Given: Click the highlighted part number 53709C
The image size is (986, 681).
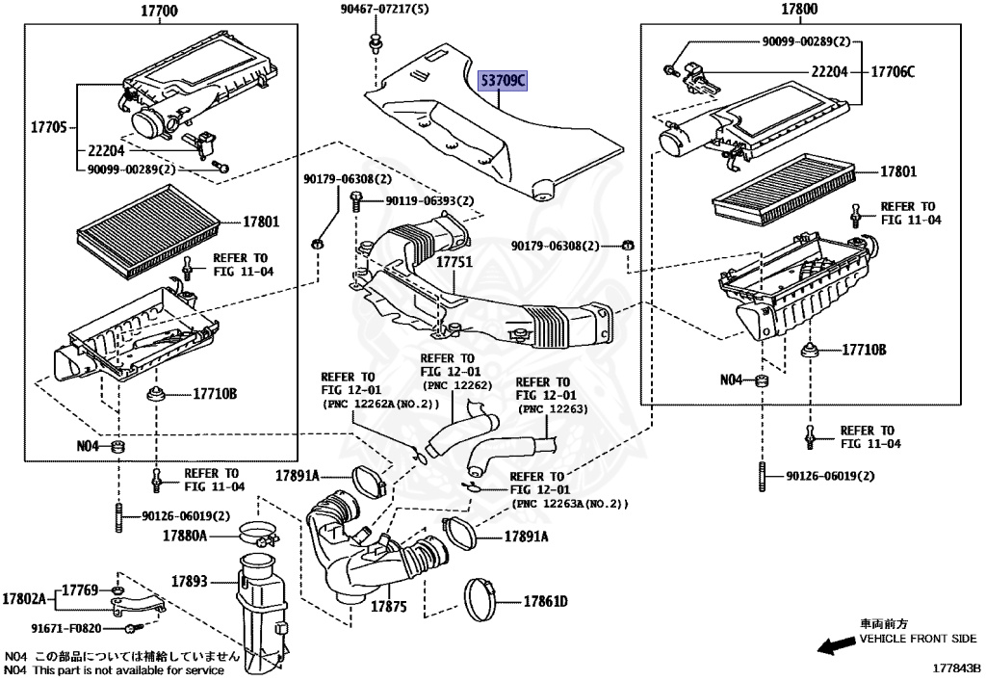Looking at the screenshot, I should [504, 82].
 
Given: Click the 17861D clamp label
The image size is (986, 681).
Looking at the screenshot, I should [545, 602].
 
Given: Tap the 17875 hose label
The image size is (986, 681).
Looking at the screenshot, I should [389, 606].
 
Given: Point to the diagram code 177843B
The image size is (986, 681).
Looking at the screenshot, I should [954, 667].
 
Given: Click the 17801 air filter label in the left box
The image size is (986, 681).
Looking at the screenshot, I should [260, 222].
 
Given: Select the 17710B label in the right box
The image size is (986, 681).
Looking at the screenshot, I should [864, 350].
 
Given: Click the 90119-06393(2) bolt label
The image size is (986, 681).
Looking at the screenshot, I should [429, 201].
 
